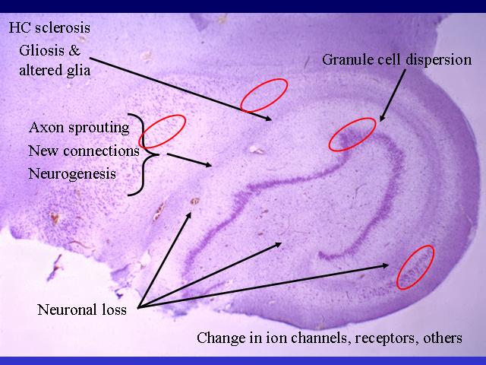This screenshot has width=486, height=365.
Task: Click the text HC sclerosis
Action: coord(49,27)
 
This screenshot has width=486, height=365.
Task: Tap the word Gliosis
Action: coord(41,50)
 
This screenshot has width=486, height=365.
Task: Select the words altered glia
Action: coord(55,71)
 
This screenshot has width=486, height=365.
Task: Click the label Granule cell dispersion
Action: coord(396,59)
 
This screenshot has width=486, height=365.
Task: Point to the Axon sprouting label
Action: coord(79,128)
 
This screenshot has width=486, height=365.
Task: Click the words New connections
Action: coord(84,151)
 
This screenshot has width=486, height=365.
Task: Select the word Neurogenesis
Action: coord(72,174)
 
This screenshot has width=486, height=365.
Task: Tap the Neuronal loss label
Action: coord(82,309)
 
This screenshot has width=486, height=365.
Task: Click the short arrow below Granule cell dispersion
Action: coord(393,95)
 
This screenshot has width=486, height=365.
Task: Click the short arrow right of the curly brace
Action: coord(189,160)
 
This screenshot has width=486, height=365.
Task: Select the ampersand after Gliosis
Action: coord(74,50)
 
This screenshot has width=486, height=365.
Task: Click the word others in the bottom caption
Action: coord(443,338)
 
